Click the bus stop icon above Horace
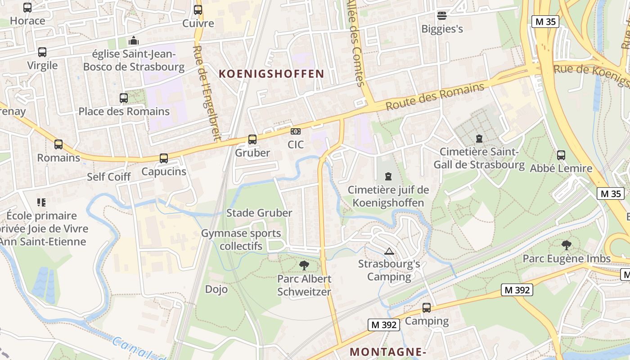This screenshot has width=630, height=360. pos(27,8)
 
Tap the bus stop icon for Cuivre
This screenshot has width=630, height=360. pos(198,9)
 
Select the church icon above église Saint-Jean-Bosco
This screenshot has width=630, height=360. pos(133,41)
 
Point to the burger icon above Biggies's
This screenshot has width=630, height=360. pos(442,16)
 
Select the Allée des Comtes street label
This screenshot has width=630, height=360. pos(356,43)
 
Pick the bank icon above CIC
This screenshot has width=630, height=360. pos(296,131)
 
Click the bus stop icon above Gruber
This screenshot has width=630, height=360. pos(252,139)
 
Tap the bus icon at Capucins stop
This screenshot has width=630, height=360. pos(164,158)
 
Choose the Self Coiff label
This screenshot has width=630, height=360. pos(108,177)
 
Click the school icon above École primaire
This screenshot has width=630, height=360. pos(42,202)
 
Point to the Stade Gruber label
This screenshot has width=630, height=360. pos(259,213)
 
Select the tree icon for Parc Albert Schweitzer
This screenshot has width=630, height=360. pos(304,265)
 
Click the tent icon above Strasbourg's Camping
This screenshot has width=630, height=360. pos(389,251)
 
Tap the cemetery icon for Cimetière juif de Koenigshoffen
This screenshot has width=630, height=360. pos(388,177)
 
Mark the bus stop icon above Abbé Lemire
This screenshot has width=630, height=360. pos(561,155)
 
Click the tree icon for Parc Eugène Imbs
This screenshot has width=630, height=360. pos(567,245)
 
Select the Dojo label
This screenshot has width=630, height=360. pos(216,289)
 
